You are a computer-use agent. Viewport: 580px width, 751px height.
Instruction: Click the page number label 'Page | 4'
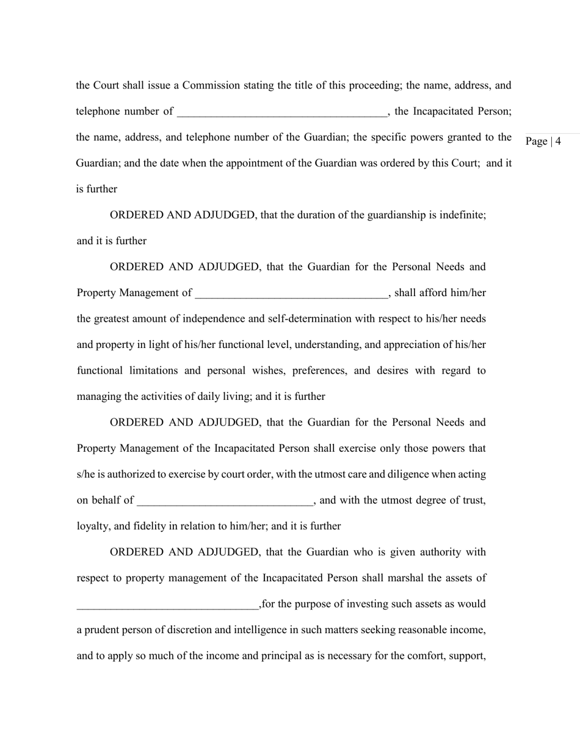(543, 142)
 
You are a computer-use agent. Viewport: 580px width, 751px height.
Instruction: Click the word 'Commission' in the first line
(211, 85)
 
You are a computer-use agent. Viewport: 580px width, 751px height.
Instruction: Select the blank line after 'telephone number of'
(281, 112)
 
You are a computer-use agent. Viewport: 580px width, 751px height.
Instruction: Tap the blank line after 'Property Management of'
(291, 294)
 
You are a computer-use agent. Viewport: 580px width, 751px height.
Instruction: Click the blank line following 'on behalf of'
(225, 501)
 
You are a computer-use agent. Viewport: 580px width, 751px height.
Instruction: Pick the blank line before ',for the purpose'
(167, 605)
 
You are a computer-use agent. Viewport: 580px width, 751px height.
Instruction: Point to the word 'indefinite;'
(462, 215)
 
